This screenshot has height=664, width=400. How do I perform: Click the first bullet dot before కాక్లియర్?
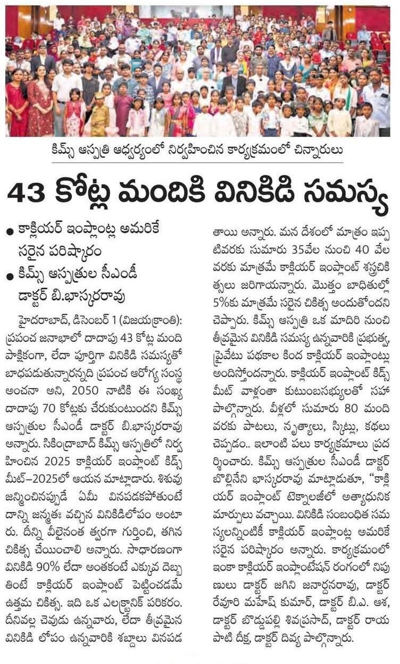click(10, 232)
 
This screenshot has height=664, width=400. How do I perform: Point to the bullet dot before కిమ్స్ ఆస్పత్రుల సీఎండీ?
click(10, 276)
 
